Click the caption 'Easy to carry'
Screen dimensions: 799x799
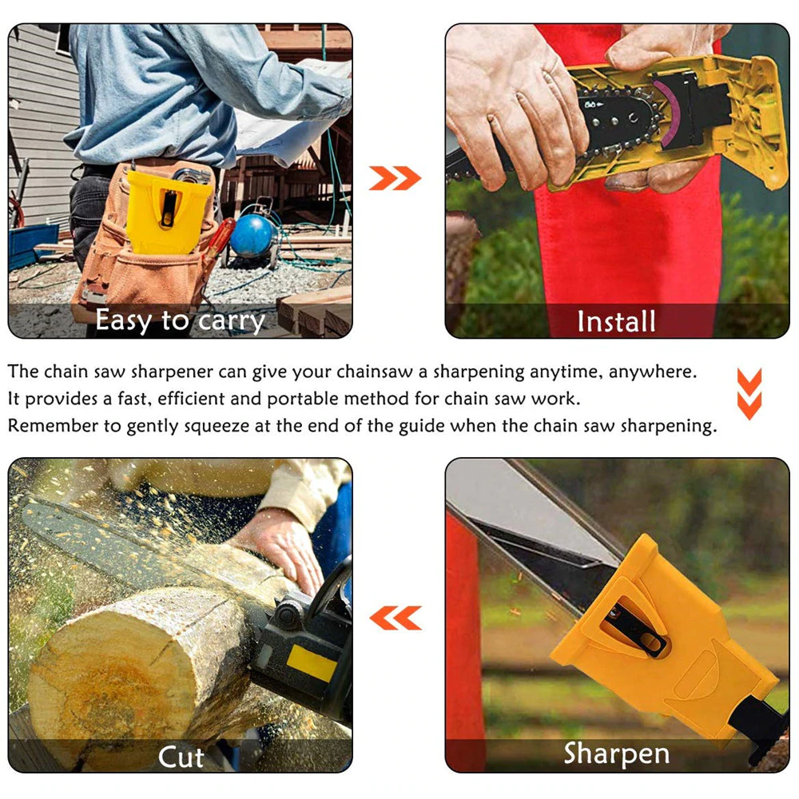click(x=180, y=321)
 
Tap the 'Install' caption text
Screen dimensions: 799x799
click(x=616, y=322)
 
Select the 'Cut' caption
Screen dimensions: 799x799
click(x=181, y=756)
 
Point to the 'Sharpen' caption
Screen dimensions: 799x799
click(x=616, y=753)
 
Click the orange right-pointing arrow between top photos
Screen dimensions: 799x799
click(x=395, y=178)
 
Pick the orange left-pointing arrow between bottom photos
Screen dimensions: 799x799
click(x=395, y=618)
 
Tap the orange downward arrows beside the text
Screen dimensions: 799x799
click(x=749, y=394)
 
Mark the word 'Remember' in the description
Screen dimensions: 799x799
click(x=51, y=425)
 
